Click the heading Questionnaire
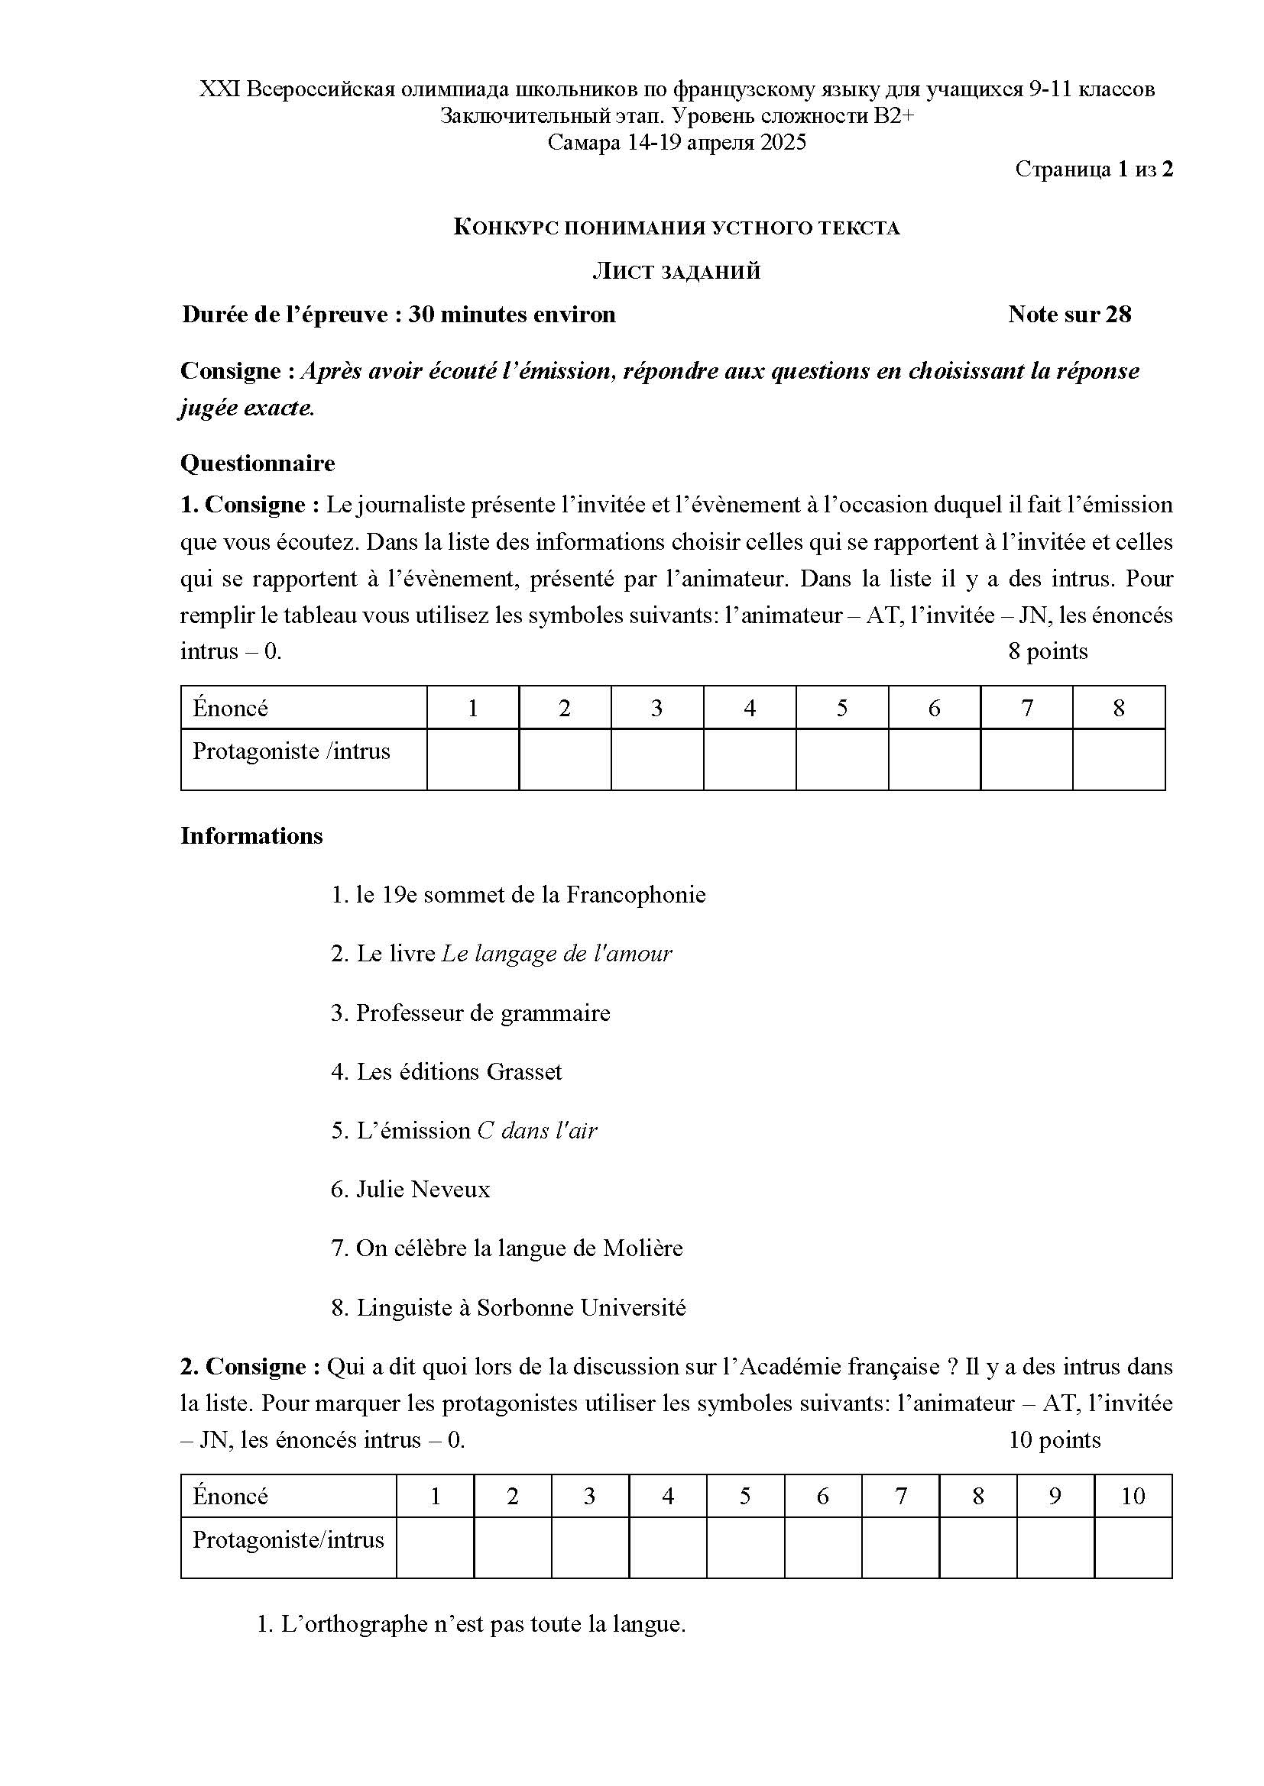(257, 463)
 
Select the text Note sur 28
(1068, 315)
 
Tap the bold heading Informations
(251, 836)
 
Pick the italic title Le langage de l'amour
(556, 954)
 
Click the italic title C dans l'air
(537, 1130)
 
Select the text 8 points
(1047, 651)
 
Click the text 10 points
(1054, 1440)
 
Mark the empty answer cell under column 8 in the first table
(1118, 759)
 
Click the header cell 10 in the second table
(1133, 1496)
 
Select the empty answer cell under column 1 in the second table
(435, 1547)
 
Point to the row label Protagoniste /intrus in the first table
(291, 751)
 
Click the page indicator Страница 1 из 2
(1094, 170)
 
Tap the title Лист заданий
(676, 272)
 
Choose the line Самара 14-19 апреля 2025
(676, 142)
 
